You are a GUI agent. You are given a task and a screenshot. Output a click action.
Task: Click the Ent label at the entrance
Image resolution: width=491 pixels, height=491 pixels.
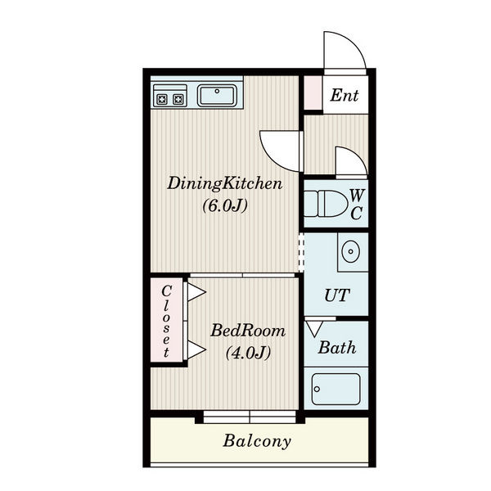[x=345, y=95]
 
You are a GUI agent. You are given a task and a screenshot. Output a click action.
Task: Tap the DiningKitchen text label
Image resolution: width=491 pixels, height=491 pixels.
[x=224, y=184]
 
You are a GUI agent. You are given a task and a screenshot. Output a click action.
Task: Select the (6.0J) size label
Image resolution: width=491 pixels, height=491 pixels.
[x=225, y=205]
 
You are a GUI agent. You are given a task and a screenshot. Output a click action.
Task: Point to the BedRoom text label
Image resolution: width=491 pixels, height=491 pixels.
[x=248, y=331]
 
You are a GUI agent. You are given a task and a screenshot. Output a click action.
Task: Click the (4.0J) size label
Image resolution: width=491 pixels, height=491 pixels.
[x=248, y=353]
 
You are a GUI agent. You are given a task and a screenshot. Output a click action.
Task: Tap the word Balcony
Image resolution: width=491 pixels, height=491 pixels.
[x=257, y=442]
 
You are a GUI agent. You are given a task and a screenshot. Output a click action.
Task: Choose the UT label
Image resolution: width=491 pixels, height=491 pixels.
[x=337, y=295]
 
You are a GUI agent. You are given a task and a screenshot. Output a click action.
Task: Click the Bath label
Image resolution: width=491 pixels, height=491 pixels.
[x=337, y=348]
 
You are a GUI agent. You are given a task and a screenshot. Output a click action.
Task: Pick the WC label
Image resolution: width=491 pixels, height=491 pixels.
[x=357, y=205]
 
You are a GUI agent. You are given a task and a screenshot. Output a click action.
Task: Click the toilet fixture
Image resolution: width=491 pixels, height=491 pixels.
[x=326, y=204]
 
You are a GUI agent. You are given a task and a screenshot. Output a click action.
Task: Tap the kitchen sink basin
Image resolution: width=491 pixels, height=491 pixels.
[x=217, y=96]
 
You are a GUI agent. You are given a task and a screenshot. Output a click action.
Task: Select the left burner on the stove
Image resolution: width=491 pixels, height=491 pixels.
[x=162, y=100]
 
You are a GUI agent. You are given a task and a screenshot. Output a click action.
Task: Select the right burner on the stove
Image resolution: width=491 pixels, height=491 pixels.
[x=178, y=100]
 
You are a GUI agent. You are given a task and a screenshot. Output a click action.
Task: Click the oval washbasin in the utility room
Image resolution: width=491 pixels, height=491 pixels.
[x=351, y=251]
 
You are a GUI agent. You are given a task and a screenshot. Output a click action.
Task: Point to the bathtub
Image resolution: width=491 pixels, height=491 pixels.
[x=336, y=389]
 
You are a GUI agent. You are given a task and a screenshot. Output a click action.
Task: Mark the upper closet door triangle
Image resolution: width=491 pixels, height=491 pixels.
[x=196, y=292]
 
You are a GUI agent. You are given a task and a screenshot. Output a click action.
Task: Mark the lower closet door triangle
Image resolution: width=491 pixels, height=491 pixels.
[x=196, y=349]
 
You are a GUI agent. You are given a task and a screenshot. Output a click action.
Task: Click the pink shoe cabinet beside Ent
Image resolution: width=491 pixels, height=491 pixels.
[x=313, y=92]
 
